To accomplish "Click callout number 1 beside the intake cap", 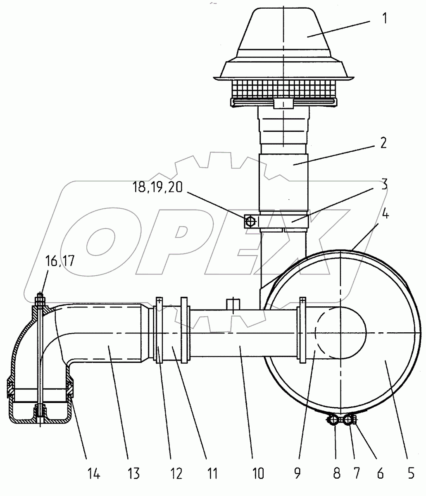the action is point(385,18).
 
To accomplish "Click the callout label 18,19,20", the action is point(157,187).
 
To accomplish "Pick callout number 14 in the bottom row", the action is point(93,474).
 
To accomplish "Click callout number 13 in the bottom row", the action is point(133,474).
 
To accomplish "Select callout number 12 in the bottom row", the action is point(176,474).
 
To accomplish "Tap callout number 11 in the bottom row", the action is point(212,474).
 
